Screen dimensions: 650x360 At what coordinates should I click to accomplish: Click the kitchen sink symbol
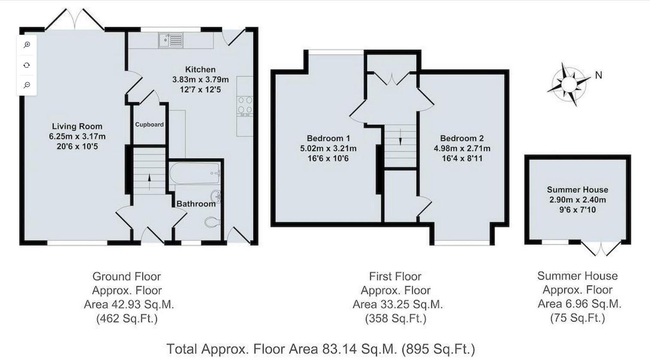click(171, 40)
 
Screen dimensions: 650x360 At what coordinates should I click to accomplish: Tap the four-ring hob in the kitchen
click(245, 106)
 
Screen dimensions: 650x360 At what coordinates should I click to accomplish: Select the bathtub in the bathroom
click(195, 173)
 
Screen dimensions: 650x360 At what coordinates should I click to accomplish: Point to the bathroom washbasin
click(216, 197)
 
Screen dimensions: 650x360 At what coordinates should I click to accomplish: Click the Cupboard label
click(149, 124)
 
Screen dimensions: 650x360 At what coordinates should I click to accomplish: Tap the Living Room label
click(77, 126)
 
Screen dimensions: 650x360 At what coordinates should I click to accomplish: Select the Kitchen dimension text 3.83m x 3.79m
click(200, 79)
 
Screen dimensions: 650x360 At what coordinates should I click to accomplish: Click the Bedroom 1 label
click(328, 138)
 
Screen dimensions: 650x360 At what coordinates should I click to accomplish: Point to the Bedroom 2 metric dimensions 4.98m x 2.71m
click(462, 148)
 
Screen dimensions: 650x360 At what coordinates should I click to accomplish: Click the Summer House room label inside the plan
click(577, 190)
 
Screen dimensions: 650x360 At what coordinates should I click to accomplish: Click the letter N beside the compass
click(599, 75)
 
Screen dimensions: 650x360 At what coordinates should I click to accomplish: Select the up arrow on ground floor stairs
click(149, 178)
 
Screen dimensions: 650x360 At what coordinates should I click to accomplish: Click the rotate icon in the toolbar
click(27, 65)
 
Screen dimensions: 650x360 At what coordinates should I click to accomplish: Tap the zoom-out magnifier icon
click(27, 85)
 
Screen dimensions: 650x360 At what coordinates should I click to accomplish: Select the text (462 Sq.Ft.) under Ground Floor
click(127, 318)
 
